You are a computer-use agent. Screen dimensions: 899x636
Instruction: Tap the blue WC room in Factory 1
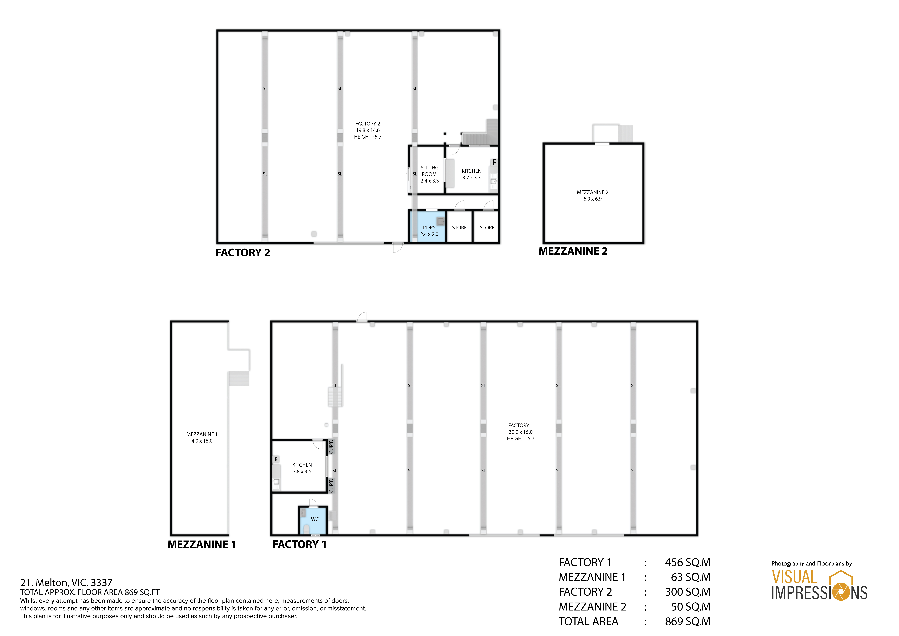point(313,521)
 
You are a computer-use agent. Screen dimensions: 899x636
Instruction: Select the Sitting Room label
point(430,171)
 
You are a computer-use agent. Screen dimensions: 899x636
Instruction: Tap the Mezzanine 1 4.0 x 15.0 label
point(202,437)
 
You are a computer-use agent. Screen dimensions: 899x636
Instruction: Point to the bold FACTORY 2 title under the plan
point(243,253)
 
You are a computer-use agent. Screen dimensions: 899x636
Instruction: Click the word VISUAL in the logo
point(794,577)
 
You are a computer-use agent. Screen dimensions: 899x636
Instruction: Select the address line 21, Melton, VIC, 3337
point(66,583)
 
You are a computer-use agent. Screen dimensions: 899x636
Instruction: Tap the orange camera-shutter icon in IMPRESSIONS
point(840,592)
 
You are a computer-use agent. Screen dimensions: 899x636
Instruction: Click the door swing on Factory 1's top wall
point(362,317)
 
